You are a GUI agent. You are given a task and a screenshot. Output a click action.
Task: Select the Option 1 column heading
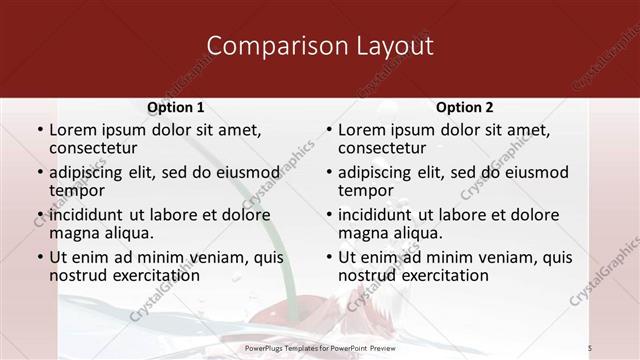point(176,107)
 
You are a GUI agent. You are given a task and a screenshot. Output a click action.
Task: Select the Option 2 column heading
point(465,107)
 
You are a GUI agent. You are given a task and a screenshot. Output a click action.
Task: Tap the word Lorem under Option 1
point(72,130)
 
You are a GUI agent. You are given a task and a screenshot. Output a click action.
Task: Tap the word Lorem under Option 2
point(361,130)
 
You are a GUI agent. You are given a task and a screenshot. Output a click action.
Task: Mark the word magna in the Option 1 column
point(74,232)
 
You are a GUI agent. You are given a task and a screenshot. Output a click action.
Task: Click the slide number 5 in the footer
point(619,347)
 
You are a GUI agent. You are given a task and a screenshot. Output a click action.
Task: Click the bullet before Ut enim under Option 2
point(329,257)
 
